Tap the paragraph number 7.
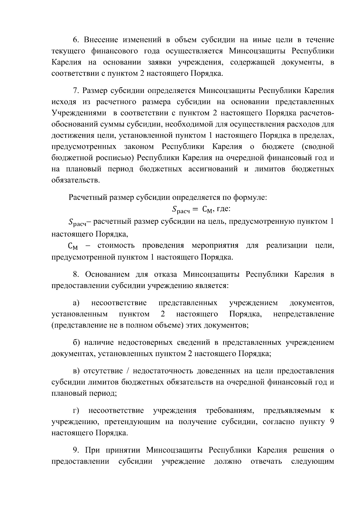[75, 91]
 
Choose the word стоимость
[116, 246]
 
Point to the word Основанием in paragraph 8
[107, 274]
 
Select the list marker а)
[76, 303]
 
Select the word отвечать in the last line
[266, 461]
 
